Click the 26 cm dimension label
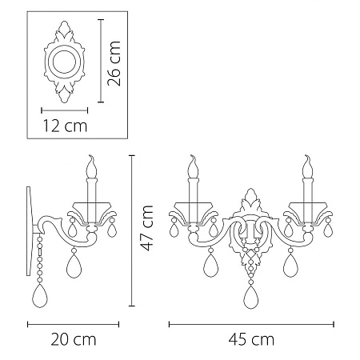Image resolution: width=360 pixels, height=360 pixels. [x=114, y=63]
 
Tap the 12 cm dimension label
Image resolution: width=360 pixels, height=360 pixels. [x=65, y=126]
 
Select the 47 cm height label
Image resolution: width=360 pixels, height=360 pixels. [x=147, y=228]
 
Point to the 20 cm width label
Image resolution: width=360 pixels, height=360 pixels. [x=74, y=339]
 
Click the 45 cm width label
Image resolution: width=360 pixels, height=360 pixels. [x=251, y=339]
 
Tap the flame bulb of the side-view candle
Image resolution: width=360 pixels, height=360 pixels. [x=91, y=166]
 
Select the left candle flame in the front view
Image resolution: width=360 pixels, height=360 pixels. [x=193, y=166]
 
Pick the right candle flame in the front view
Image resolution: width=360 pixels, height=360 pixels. [x=307, y=166]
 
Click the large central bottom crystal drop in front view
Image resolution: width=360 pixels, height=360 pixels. [x=250, y=297]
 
